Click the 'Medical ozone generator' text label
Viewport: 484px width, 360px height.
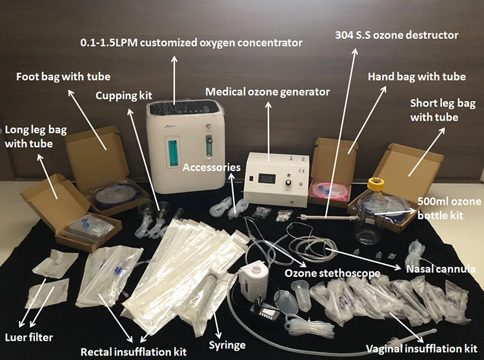[267, 92]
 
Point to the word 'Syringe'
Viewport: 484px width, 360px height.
[228, 345]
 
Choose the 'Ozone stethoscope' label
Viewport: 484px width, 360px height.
[332, 273]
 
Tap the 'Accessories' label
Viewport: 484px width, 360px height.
[212, 168]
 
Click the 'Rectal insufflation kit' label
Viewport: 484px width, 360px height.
[134, 352]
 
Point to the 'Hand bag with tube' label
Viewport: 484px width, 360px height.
[416, 77]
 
